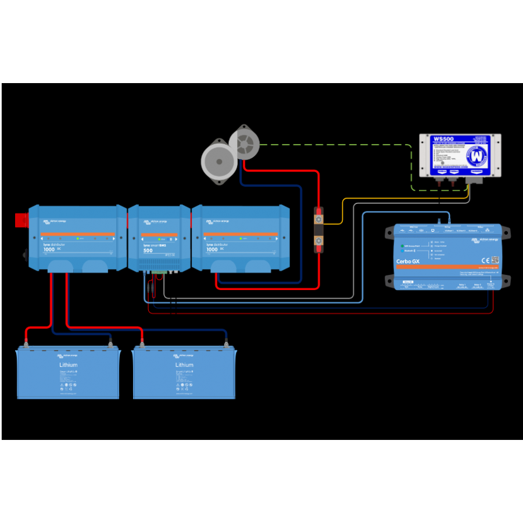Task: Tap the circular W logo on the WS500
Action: point(477,156)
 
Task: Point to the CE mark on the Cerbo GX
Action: point(484,260)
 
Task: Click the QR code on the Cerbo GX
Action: point(495,260)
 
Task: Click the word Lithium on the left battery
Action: point(68,365)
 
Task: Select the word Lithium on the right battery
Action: point(184,365)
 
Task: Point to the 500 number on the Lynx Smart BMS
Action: point(148,250)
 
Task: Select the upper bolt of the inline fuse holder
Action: point(318,220)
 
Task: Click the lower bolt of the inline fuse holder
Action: point(318,239)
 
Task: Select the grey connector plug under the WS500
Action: point(474,181)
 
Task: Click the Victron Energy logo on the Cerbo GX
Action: point(484,239)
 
